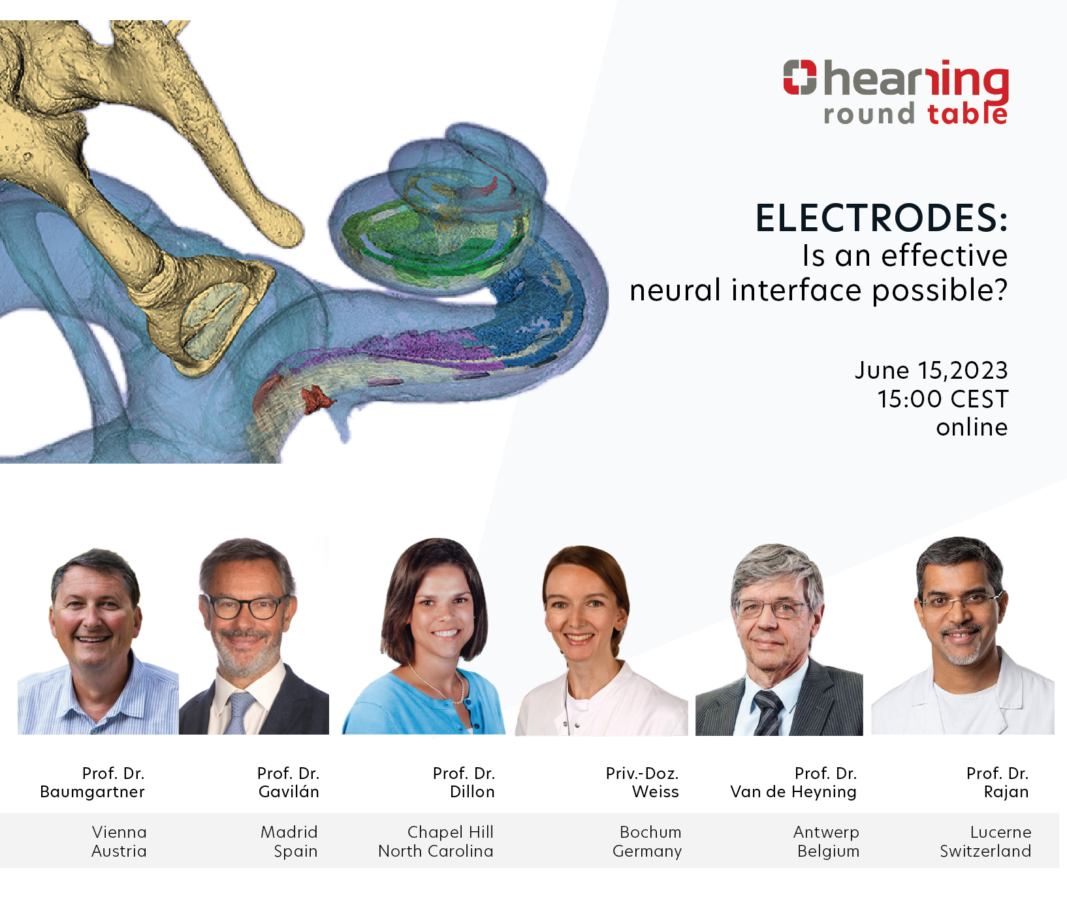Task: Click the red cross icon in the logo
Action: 800,77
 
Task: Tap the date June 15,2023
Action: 931,371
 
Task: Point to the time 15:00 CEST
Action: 942,399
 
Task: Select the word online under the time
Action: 972,427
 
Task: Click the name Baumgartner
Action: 92,792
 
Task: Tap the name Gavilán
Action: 289,792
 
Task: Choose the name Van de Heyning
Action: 793,793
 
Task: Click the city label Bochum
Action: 650,833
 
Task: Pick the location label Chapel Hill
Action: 451,833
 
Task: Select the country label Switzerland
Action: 985,851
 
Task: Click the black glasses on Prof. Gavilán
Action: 246,607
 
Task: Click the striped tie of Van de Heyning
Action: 769,712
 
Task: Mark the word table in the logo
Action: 967,114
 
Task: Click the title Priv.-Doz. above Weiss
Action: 642,774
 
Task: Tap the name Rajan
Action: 1006,793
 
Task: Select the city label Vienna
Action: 119,833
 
